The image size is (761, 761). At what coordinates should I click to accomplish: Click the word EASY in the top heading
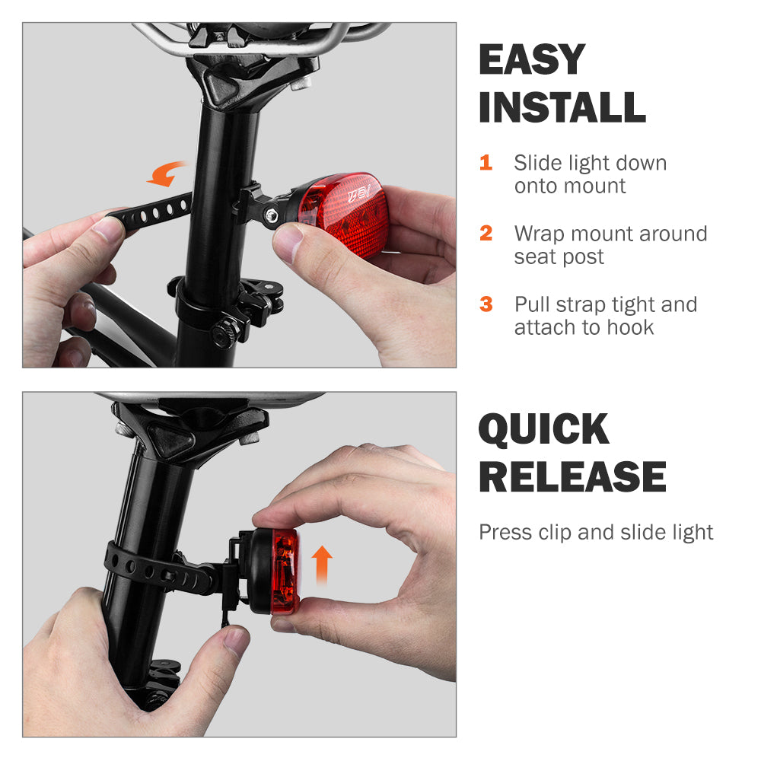click(x=532, y=60)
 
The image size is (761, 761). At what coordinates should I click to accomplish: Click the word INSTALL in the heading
click(x=562, y=107)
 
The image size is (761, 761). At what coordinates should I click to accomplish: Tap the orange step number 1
click(x=486, y=163)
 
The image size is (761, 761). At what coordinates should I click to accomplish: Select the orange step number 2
click(x=486, y=233)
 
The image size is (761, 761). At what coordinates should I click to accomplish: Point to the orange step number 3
click(x=486, y=304)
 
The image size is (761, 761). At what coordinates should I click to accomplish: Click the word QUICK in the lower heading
click(x=544, y=430)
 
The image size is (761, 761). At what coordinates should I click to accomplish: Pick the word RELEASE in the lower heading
click(x=572, y=477)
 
